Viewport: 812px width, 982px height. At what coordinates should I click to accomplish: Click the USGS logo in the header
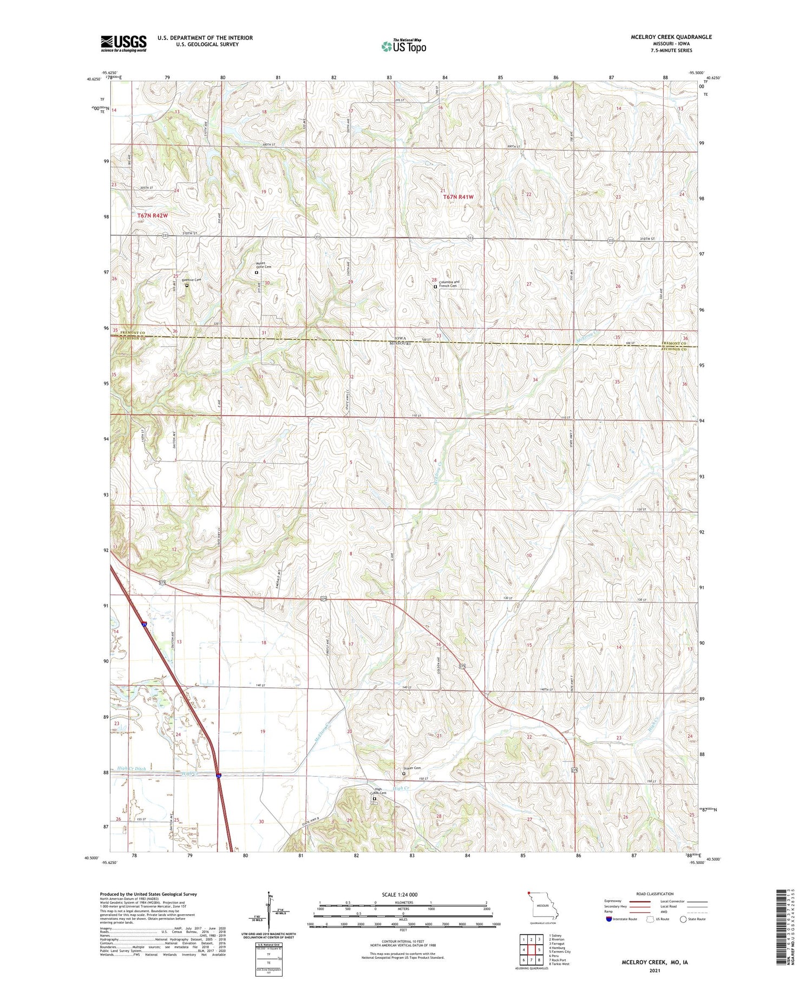coord(123,43)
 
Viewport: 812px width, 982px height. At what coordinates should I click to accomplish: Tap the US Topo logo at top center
coord(403,47)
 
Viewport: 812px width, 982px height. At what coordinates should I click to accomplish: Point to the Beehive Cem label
coord(191,280)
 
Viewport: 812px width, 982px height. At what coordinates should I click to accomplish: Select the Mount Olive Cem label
coord(264,265)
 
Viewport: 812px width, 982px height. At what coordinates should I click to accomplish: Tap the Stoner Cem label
coord(412,768)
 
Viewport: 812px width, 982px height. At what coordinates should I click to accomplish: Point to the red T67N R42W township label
coord(153,216)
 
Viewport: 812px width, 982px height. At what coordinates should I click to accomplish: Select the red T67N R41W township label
coord(458,197)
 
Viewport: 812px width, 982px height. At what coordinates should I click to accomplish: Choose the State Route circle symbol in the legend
coord(683,919)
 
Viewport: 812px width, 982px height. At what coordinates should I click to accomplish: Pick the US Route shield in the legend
coord(650,919)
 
